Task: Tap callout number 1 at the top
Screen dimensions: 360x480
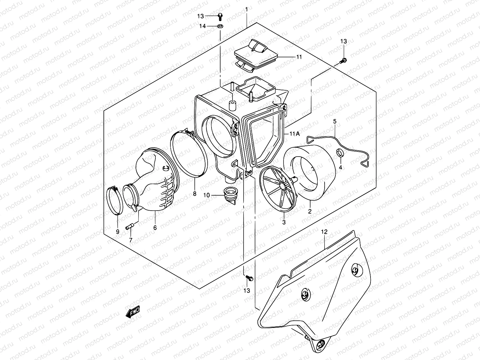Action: tap(246, 10)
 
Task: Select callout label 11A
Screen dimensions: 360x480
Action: tap(294, 134)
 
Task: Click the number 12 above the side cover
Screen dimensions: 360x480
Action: tap(324, 232)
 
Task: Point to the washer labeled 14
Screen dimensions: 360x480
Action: tap(220, 26)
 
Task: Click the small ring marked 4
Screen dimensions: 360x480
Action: tap(340, 153)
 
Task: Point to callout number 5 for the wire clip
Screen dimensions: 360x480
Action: tap(335, 121)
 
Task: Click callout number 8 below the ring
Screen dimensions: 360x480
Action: tap(194, 194)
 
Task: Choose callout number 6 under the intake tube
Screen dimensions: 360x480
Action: tap(155, 228)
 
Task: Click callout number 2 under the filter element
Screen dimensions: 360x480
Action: tap(310, 211)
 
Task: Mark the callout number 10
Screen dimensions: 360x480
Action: tap(206, 195)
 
